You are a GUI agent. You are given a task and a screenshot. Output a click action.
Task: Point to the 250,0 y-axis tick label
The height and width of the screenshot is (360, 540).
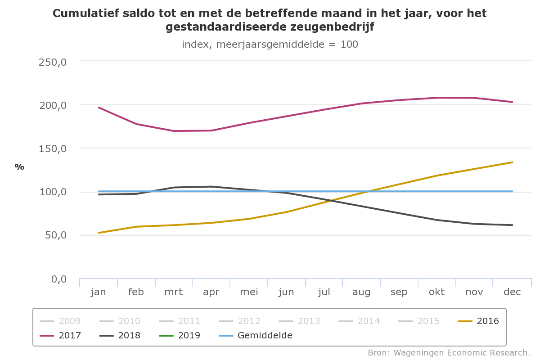point(53,62)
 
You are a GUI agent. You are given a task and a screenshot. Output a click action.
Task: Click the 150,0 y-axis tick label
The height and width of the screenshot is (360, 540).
point(53,149)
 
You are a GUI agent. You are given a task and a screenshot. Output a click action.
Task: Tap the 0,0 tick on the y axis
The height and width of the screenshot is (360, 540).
point(58,279)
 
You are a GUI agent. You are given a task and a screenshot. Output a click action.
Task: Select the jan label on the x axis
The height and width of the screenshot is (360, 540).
point(98,292)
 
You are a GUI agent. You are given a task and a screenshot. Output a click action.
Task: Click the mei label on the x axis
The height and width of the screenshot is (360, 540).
point(249,292)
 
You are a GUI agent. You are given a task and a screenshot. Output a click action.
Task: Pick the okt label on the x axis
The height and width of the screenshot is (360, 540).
point(436,292)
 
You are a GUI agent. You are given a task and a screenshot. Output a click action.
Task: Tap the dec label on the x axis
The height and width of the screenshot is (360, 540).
point(512,292)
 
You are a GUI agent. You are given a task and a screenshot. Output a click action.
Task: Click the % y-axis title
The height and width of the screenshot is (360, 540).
point(19,167)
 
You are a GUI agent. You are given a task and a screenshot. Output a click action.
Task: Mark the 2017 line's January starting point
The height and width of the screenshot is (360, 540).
point(99,108)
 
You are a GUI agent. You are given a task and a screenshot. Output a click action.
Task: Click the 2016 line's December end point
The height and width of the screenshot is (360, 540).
point(512,162)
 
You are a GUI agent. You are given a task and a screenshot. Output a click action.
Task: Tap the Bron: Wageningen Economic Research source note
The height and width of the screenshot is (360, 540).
point(449,352)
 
